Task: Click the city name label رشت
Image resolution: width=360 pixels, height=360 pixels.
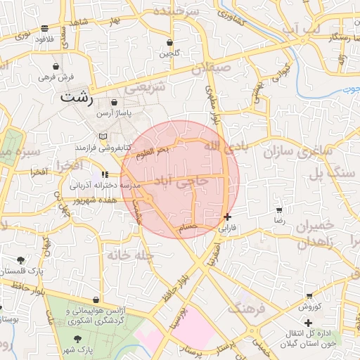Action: [77, 97]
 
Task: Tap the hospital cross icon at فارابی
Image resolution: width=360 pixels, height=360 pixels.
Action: [226, 217]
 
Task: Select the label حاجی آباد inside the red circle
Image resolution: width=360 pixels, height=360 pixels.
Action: [183, 181]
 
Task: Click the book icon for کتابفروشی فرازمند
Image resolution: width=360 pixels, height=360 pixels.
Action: [104, 136]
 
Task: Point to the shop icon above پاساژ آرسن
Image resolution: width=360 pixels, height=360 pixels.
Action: [114, 103]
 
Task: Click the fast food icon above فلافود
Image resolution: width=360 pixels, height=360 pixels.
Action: [45, 29]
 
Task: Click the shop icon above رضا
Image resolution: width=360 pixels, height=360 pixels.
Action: [280, 210]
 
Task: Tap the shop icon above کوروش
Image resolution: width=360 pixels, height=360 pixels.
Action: [309, 296]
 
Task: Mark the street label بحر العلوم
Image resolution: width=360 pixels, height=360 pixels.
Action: [153, 152]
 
